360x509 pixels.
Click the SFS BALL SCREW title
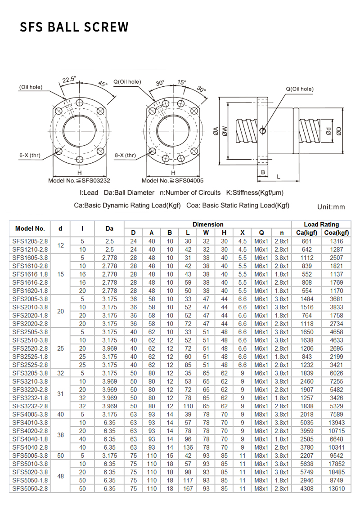[74, 27]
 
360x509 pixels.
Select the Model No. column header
[30, 228]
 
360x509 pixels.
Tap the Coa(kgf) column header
[337, 232]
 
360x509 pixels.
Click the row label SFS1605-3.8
[30, 258]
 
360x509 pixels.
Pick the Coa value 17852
[337, 464]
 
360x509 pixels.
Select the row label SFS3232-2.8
[30, 406]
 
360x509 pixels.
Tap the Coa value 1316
[337, 241]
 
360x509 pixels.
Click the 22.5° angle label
[69, 80]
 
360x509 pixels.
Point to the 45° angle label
[103, 84]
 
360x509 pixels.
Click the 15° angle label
[182, 82]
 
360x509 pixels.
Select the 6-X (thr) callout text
[30, 156]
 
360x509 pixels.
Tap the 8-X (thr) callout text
[125, 156]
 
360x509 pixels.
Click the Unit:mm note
[331, 207]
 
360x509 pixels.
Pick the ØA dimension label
[216, 131]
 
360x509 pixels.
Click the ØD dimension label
[339, 131]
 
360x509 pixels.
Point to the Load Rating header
[321, 224]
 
